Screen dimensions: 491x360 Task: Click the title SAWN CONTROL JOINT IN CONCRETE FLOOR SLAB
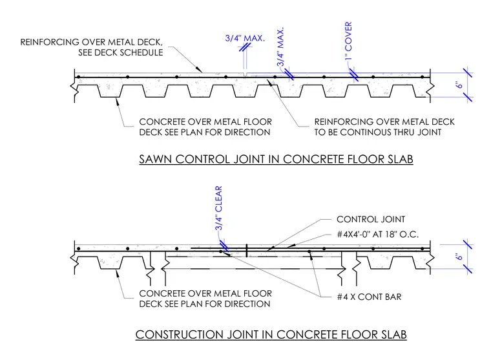[x=276, y=159]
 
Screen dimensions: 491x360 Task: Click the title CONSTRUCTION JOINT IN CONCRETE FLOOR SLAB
[x=271, y=334]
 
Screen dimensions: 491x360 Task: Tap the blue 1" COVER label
[x=348, y=41]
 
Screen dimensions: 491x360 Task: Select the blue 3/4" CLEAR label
[x=218, y=207]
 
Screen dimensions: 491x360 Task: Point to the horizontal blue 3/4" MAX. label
[x=245, y=38]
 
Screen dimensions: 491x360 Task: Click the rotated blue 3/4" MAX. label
[x=280, y=47]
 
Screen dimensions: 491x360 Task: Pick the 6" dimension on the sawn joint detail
[x=459, y=85]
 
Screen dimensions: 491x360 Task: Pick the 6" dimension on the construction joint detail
[x=459, y=257]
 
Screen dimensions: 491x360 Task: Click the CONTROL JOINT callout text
[x=371, y=219]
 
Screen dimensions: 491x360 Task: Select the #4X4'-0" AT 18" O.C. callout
[x=378, y=235]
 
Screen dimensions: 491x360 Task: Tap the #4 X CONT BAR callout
[x=369, y=297]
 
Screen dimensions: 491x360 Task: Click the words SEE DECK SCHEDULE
[x=121, y=52]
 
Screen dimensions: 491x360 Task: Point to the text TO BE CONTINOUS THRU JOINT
[x=378, y=132]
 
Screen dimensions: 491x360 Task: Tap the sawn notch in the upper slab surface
[x=245, y=74]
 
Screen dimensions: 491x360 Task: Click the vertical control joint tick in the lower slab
[x=247, y=250]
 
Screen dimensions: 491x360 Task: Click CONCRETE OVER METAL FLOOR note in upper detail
[x=205, y=122]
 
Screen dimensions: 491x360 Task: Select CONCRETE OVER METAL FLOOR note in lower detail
[x=205, y=293]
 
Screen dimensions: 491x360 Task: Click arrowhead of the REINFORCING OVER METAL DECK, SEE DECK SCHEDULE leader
[x=200, y=70]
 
